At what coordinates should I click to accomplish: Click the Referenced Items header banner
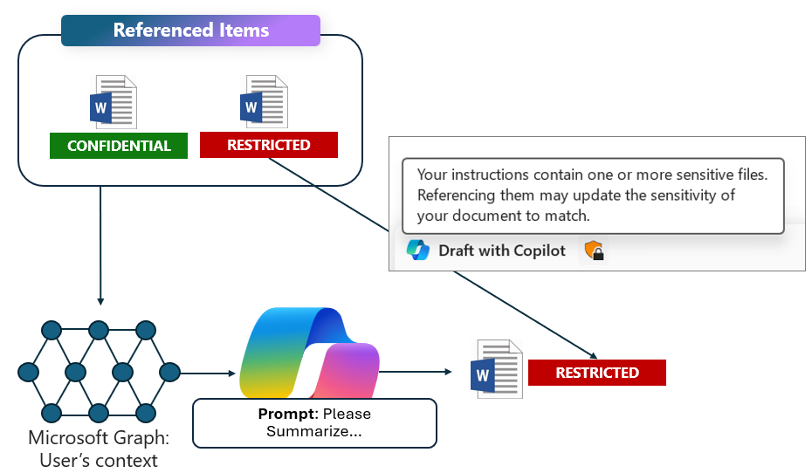click(x=190, y=31)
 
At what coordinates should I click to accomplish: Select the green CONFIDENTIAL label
click(x=119, y=146)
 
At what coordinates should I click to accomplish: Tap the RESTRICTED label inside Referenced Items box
click(x=268, y=145)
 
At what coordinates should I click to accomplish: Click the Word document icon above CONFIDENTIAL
click(x=114, y=103)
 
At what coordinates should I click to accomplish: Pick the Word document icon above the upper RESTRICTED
click(x=264, y=102)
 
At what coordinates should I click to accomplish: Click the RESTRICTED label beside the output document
click(x=596, y=373)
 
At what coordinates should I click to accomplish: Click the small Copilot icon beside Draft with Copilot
click(x=418, y=251)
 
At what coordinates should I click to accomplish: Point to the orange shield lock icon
click(x=594, y=251)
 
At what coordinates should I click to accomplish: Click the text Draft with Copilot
click(x=501, y=251)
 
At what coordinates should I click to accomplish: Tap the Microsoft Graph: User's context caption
click(x=99, y=449)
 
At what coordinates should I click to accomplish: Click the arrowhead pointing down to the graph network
click(x=100, y=301)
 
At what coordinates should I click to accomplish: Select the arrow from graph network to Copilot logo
click(x=207, y=374)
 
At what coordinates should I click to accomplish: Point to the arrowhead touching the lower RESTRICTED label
click(x=594, y=355)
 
